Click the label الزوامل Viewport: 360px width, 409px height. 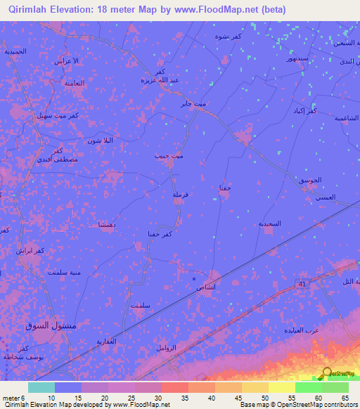click(x=170, y=348)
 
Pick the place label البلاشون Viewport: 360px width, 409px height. click(x=99, y=141)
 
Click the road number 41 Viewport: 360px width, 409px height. click(x=301, y=284)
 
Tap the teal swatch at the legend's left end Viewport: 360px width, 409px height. click(x=41, y=387)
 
